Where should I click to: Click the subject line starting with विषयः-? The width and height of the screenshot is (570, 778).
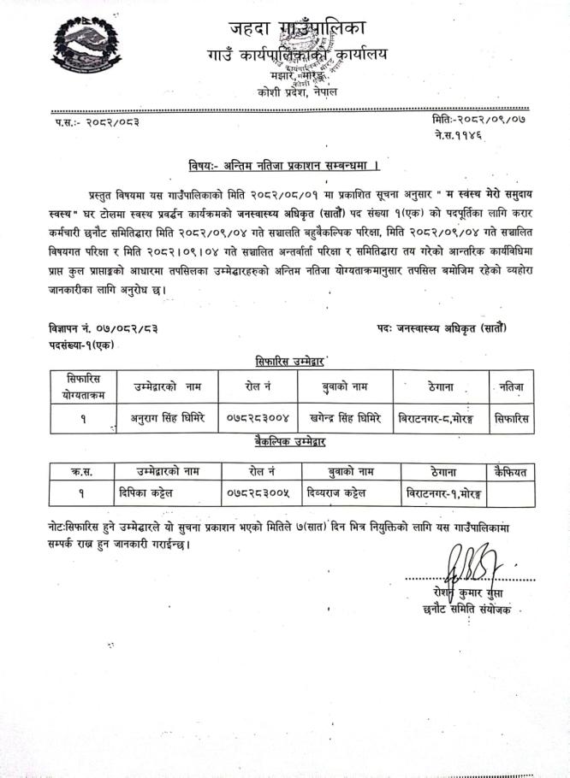pos(283,164)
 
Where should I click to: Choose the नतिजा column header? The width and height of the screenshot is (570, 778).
pos(512,387)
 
